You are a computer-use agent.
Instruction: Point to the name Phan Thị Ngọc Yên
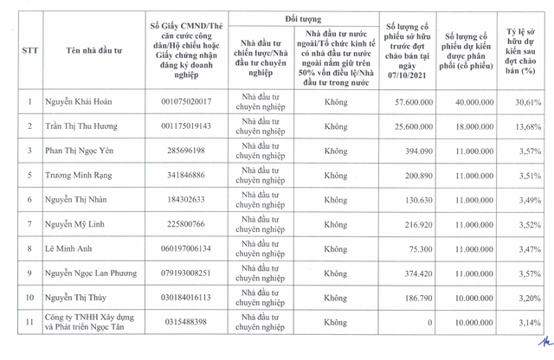coord(81,151)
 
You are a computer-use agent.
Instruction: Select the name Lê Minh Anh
coord(70,248)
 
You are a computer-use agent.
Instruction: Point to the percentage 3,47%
coord(527,248)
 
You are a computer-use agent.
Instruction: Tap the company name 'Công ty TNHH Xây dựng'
coord(89,317)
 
